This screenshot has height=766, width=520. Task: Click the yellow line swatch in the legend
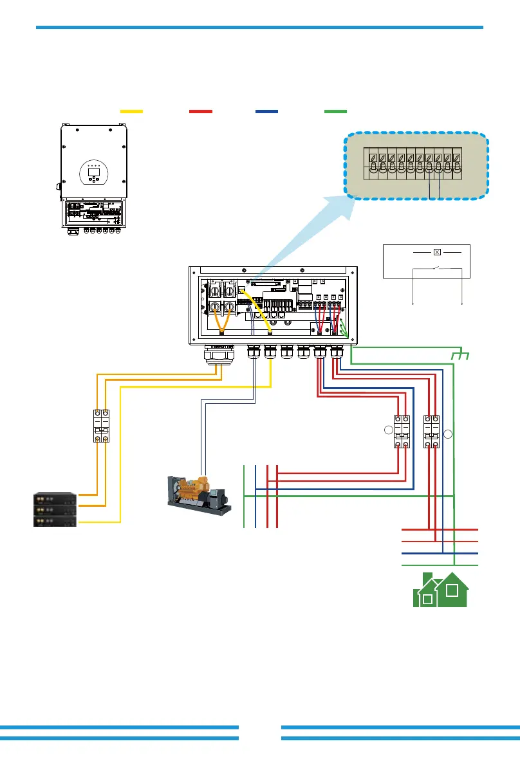(131, 111)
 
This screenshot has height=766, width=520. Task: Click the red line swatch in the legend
(201, 111)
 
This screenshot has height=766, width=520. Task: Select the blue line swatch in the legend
(266, 111)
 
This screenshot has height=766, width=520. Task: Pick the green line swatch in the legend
(335, 111)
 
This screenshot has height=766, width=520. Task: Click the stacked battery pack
(55, 509)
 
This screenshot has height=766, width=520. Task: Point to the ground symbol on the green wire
(458, 356)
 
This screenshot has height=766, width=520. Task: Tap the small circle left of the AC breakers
(387, 431)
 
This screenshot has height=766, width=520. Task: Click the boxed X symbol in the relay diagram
(436, 252)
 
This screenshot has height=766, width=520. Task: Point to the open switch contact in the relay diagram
(437, 268)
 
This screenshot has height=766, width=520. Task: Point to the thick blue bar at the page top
(259, 27)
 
